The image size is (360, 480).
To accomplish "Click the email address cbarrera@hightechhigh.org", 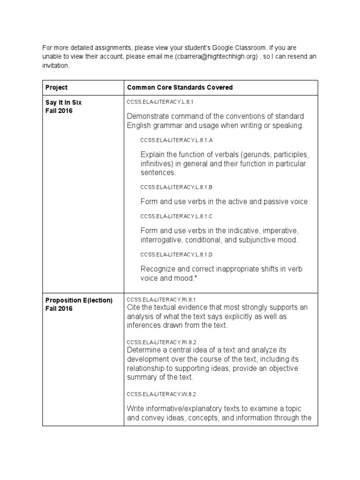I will click(x=213, y=57).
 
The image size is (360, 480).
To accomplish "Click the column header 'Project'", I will click(x=56, y=88).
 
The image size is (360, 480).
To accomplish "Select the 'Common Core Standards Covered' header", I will click(x=180, y=88).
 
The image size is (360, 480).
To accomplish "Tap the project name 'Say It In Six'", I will click(x=63, y=103).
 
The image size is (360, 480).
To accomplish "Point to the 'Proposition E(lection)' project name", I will click(x=79, y=300).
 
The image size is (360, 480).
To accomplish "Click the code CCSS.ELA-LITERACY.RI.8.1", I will click(x=161, y=299).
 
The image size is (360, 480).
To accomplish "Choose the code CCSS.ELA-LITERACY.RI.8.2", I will click(x=161, y=342).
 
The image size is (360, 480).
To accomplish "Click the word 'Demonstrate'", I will click(x=148, y=116).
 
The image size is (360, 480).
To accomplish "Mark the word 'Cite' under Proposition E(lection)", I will click(x=134, y=307).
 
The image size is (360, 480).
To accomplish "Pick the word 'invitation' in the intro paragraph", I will click(x=56, y=66).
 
